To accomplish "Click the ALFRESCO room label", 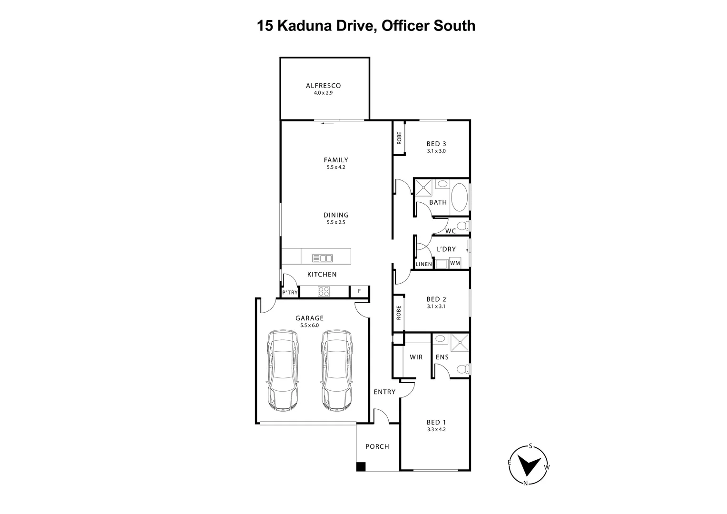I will [323, 86].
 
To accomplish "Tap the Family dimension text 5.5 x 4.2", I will [336, 168].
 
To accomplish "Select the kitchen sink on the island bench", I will [322, 258].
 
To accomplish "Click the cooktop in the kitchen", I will [324, 291].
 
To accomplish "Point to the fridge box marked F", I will [359, 291].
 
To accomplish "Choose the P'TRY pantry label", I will [290, 292].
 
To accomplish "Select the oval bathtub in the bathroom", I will [459, 198].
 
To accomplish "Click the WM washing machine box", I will [455, 263].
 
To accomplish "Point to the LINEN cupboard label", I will [423, 264].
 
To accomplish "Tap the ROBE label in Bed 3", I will [399, 138].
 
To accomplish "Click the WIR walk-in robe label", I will [416, 357].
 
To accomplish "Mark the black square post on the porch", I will [361, 467].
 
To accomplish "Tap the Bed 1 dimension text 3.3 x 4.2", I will [436, 429].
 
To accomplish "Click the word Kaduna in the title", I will [302, 25].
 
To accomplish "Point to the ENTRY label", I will [384, 392].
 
